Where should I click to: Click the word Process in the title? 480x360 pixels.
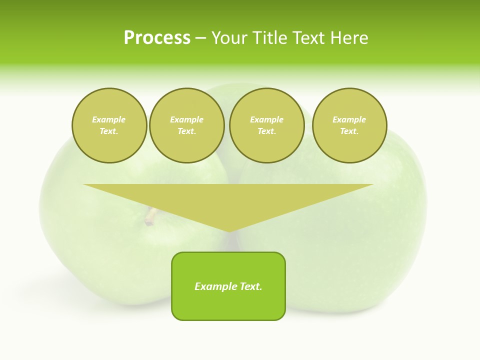point(157,38)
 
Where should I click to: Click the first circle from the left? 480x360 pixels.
point(109,125)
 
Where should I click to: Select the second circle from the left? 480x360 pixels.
point(186,125)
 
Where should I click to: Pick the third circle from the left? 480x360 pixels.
point(266,125)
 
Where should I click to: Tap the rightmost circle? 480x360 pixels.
point(349,125)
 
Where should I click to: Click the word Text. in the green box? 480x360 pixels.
point(250,286)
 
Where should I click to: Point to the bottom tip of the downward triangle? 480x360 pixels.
point(229,231)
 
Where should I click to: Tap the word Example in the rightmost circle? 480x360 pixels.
point(349,119)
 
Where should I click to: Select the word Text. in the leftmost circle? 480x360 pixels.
point(109,131)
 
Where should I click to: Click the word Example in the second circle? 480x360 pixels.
point(186,119)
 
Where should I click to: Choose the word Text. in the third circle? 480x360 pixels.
point(266,131)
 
